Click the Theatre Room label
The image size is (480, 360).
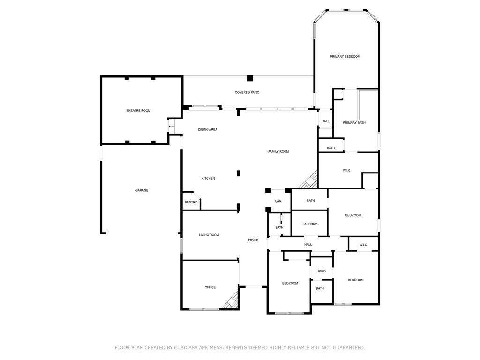click(138, 111)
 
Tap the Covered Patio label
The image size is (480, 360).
click(247, 92)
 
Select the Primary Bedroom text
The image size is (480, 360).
click(345, 57)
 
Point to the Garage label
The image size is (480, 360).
click(142, 190)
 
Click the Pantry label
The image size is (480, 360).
click(191, 202)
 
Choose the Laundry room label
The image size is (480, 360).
click(310, 224)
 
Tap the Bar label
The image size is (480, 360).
click(278, 202)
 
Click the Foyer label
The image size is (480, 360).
click(253, 240)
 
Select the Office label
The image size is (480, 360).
click(210, 287)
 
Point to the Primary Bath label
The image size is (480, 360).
click(354, 123)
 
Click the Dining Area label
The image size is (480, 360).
click(208, 130)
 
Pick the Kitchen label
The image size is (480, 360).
click(208, 179)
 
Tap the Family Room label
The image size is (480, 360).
click(278, 152)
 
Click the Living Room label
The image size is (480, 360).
click(209, 235)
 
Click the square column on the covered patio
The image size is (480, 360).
click(250, 78)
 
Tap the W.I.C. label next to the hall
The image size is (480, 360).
click(364, 245)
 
